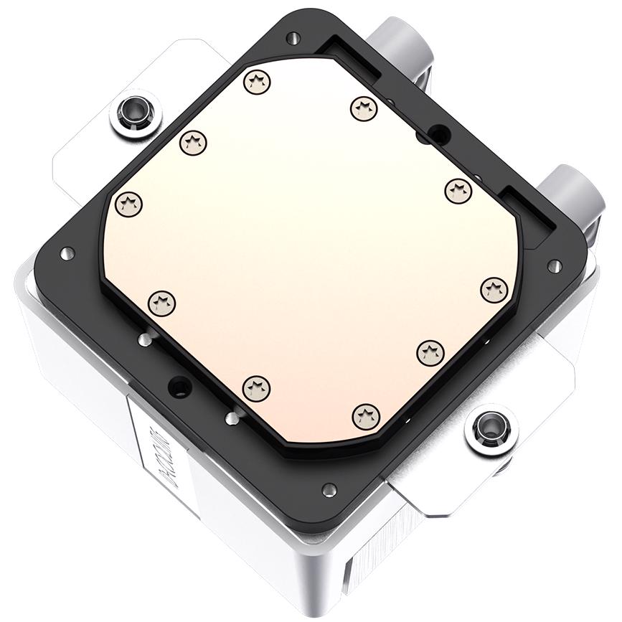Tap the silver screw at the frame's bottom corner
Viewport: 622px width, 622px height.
329,489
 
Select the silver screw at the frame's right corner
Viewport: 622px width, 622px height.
554,266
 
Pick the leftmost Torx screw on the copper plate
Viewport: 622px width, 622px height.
128,204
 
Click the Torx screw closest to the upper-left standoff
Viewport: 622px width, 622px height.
192,142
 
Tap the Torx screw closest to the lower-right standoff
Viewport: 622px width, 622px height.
430,351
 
